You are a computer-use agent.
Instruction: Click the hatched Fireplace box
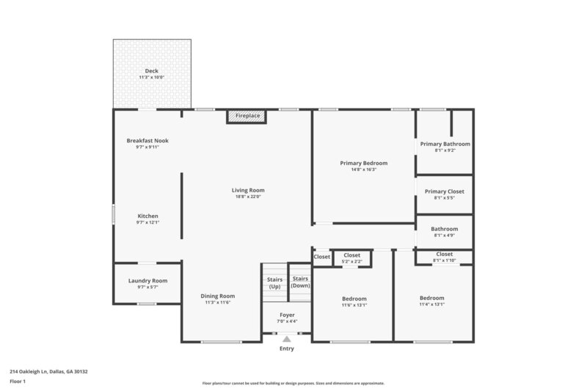[246, 116]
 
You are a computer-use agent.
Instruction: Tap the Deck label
[151, 71]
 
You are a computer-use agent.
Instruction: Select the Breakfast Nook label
[147, 140]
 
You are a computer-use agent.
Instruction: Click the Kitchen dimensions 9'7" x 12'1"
[147, 223]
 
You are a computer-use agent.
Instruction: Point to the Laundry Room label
[147, 280]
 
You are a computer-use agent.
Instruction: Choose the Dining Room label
[218, 296]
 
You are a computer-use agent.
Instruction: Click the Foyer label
[287, 315]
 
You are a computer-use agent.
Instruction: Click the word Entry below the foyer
[287, 348]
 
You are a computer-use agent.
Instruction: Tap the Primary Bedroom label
[363, 163]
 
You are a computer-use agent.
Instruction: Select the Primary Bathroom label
[445, 144]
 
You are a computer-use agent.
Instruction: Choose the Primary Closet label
[445, 191]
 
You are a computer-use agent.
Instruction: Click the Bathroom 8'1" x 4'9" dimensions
[445, 235]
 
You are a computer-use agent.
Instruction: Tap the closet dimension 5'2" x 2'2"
[352, 261]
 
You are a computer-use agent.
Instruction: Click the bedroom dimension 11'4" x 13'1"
[431, 304]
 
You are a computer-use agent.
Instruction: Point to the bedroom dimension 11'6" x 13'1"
[354, 305]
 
